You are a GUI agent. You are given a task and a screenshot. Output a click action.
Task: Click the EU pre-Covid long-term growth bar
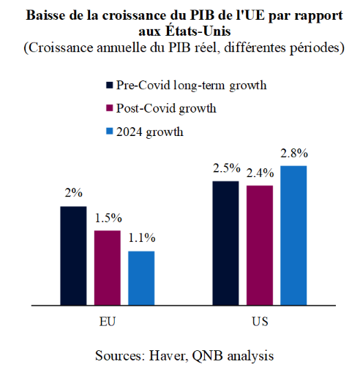[x=73, y=256]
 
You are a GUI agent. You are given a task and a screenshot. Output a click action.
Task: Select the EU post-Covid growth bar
[x=108, y=268]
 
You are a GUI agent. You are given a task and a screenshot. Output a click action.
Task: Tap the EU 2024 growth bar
[x=141, y=278]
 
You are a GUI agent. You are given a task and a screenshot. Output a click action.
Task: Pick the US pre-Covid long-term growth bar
[x=225, y=243]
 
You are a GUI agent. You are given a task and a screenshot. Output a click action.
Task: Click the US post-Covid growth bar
[x=260, y=245]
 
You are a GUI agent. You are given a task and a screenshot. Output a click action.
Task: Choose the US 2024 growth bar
[x=293, y=235]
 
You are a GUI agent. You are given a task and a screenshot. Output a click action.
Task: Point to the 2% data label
[x=74, y=193]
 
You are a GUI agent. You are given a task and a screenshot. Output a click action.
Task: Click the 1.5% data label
[x=108, y=218]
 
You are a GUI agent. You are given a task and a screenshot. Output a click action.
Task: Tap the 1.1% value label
[x=142, y=238]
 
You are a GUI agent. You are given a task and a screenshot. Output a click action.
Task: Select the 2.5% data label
[x=227, y=168]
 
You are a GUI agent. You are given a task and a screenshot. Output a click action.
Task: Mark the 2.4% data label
[x=260, y=173]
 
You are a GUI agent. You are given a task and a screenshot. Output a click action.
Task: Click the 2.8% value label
[x=294, y=154]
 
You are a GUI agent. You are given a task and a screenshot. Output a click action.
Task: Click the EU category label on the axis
[x=108, y=322]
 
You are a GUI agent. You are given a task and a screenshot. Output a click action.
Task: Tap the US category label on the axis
[x=260, y=322]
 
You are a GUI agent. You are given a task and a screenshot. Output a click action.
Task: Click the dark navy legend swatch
[x=110, y=85]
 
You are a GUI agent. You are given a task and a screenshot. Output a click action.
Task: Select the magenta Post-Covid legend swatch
[x=110, y=108]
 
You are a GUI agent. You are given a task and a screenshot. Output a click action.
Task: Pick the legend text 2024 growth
[x=150, y=132]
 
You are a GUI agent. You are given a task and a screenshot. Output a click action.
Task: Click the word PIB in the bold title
[x=202, y=15]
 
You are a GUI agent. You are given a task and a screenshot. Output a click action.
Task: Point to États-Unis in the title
[x=198, y=31]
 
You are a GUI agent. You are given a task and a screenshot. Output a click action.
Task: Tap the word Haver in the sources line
[x=168, y=356]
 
